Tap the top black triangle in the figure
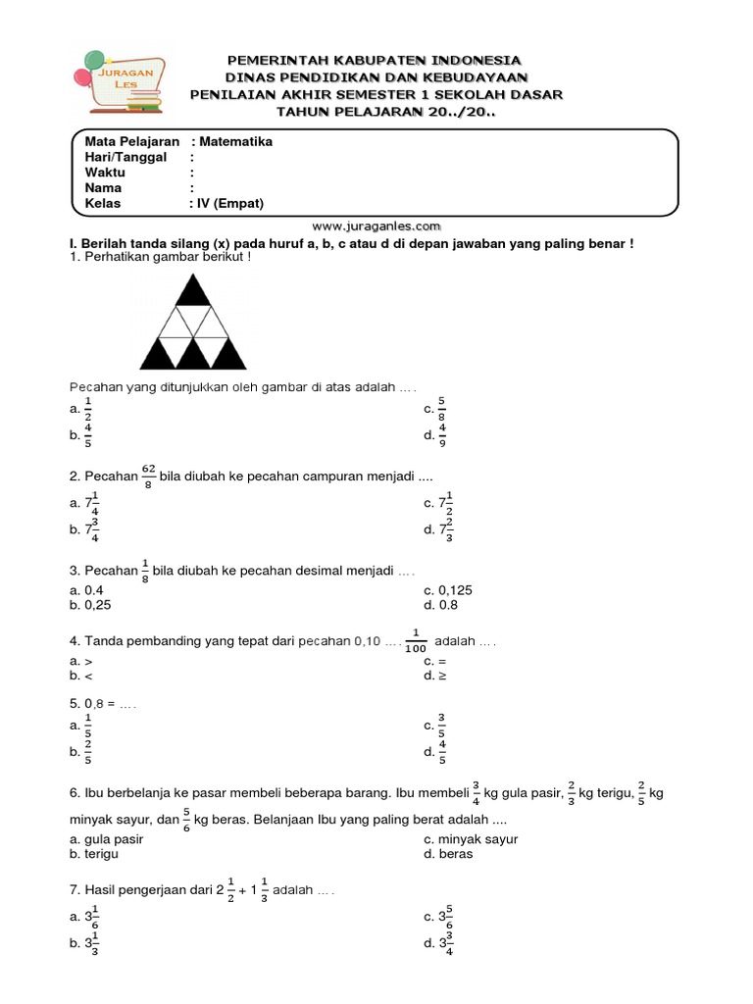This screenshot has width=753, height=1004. (193, 292)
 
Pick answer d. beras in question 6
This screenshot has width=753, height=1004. (448, 853)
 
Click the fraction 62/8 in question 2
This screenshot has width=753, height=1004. (149, 477)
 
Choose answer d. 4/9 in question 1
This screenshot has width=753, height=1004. (436, 435)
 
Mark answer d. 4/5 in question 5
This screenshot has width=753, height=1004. (436, 752)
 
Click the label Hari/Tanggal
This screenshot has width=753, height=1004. (125, 158)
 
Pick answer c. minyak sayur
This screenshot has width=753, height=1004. (471, 838)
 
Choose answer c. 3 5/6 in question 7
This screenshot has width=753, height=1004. (443, 917)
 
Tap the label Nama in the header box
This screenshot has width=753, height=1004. (103, 188)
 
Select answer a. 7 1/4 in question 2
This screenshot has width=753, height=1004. (87, 504)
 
